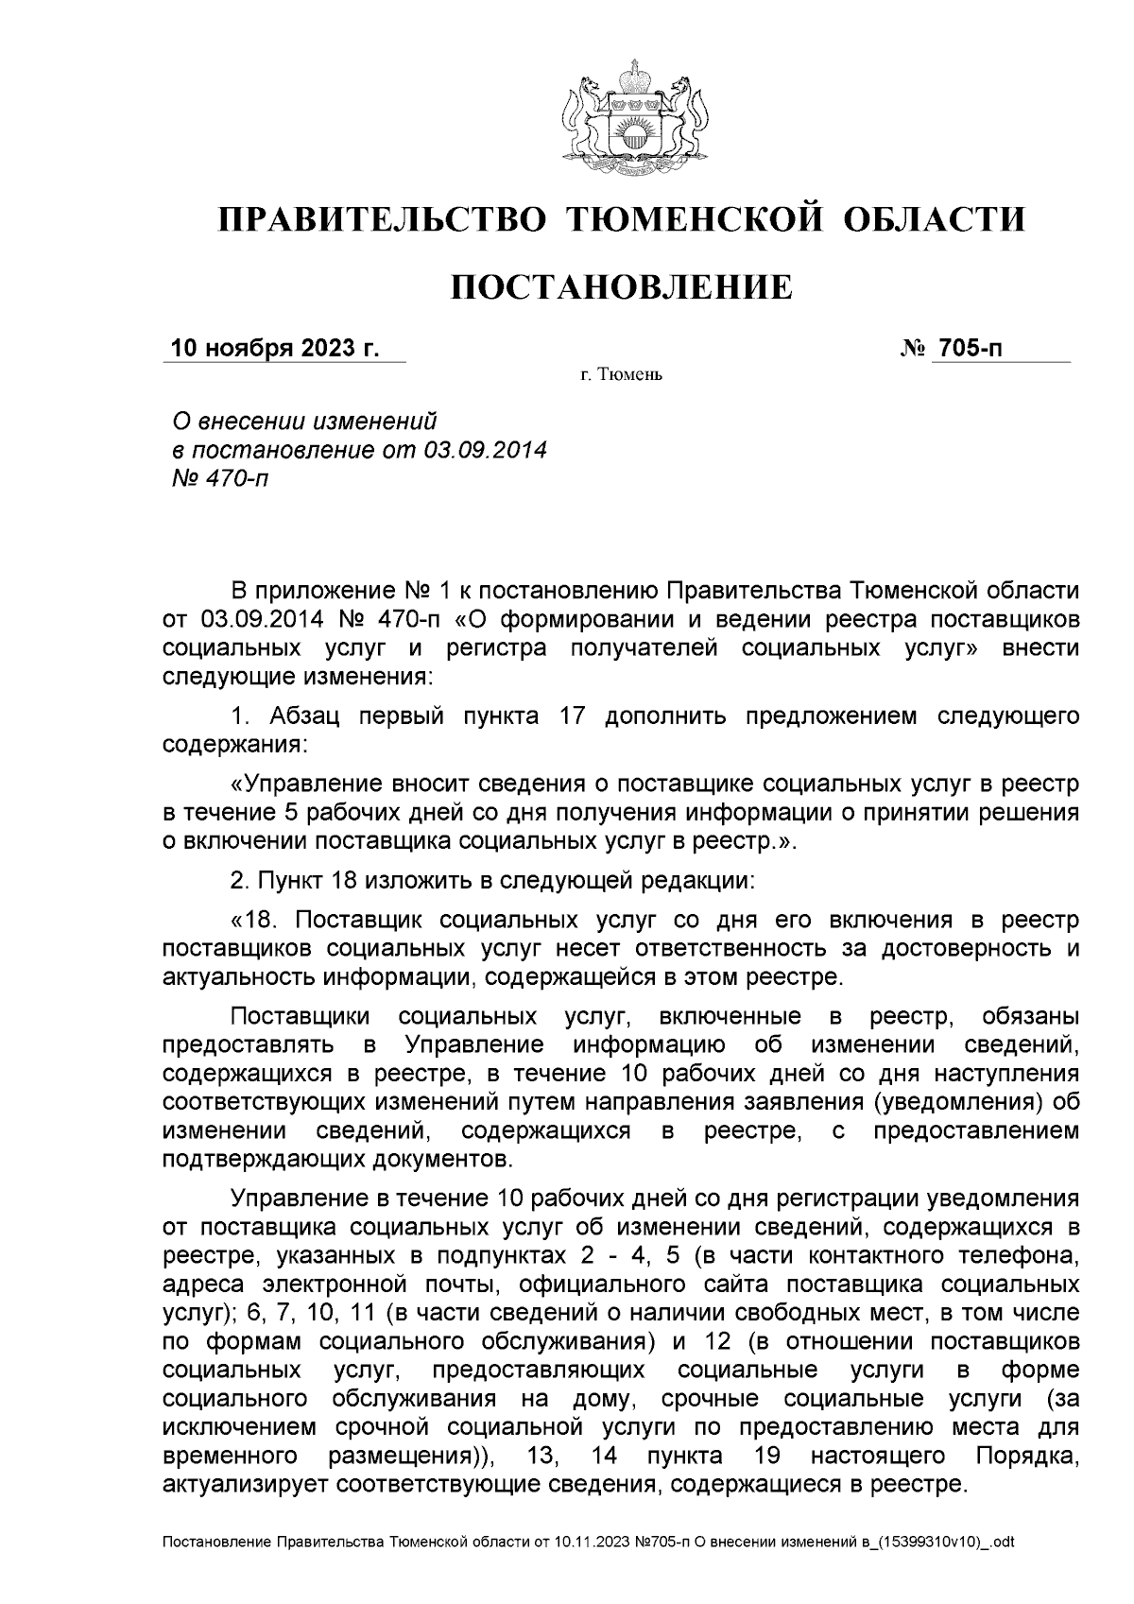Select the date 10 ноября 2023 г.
click(273, 349)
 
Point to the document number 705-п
click(968, 349)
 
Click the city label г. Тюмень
click(621, 376)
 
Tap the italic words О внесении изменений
click(301, 420)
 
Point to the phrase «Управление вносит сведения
click(406, 784)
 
